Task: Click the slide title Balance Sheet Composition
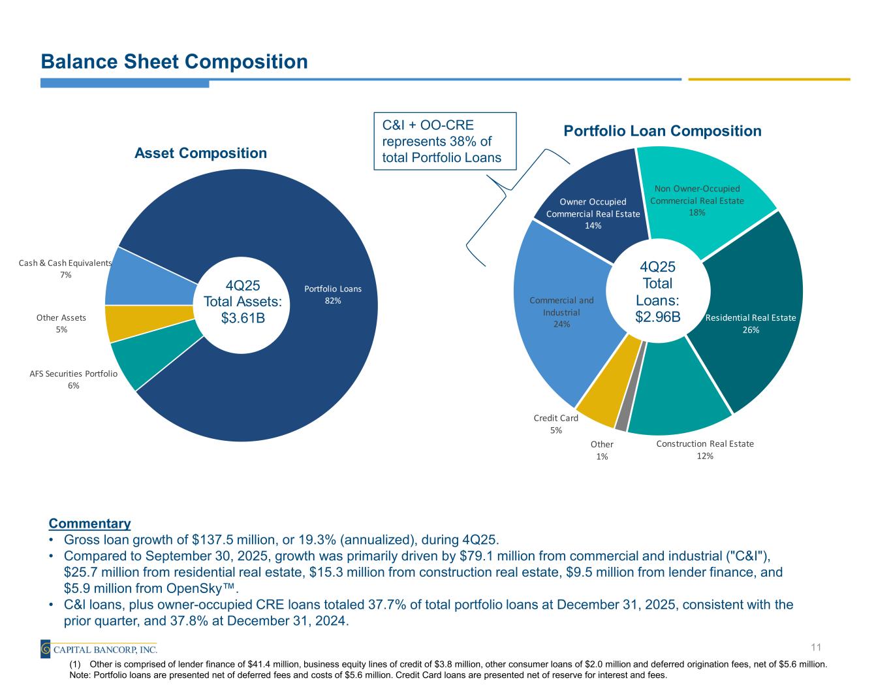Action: click(x=174, y=61)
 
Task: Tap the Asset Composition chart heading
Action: click(x=200, y=153)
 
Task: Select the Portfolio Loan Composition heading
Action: click(x=662, y=131)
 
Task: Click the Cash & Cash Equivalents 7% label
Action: click(x=66, y=268)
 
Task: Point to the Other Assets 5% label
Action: click(x=61, y=323)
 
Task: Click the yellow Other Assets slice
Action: click(x=119, y=323)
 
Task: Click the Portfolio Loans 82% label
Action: click(x=332, y=295)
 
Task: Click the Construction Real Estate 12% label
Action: click(x=704, y=450)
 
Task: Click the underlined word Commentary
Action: click(x=89, y=524)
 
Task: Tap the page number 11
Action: click(x=815, y=647)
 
